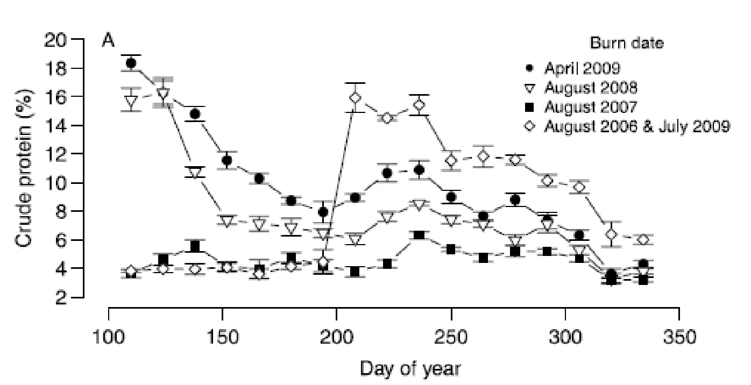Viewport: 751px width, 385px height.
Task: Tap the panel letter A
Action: pyautogui.click(x=108, y=41)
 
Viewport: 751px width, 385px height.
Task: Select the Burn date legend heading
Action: pyautogui.click(x=627, y=43)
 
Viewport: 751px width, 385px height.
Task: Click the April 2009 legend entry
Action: pyautogui.click(x=575, y=68)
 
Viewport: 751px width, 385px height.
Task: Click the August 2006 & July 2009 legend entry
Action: pyautogui.click(x=627, y=126)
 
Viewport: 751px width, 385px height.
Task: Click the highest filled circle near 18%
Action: pyautogui.click(x=131, y=63)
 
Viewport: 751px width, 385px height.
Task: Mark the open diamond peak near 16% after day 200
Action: pyautogui.click(x=355, y=98)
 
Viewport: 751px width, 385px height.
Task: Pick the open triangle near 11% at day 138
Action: pyautogui.click(x=195, y=173)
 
